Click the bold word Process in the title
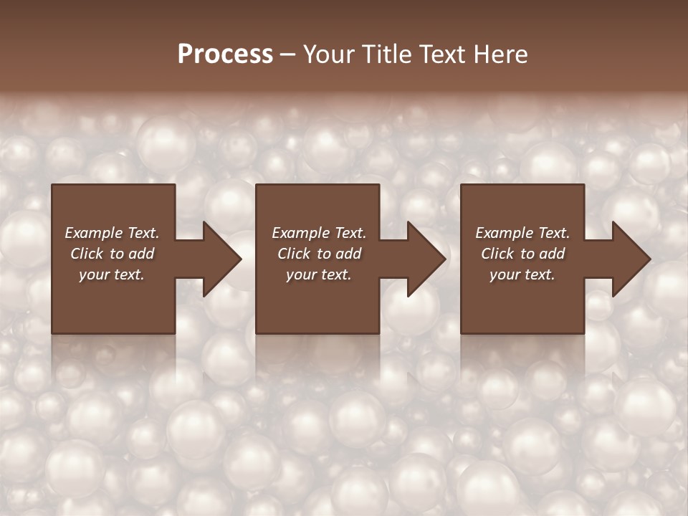click(x=225, y=54)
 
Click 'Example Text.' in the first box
click(x=112, y=233)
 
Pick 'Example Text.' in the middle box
click(x=318, y=233)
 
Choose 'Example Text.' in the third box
click(x=522, y=233)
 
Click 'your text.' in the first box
click(x=112, y=274)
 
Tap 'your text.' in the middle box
click(x=318, y=274)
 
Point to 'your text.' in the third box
click(x=522, y=274)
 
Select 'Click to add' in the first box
click(x=112, y=254)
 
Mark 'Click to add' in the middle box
click(x=318, y=254)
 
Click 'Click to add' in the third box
click(x=522, y=254)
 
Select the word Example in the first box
click(x=93, y=233)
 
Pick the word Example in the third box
click(x=504, y=233)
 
